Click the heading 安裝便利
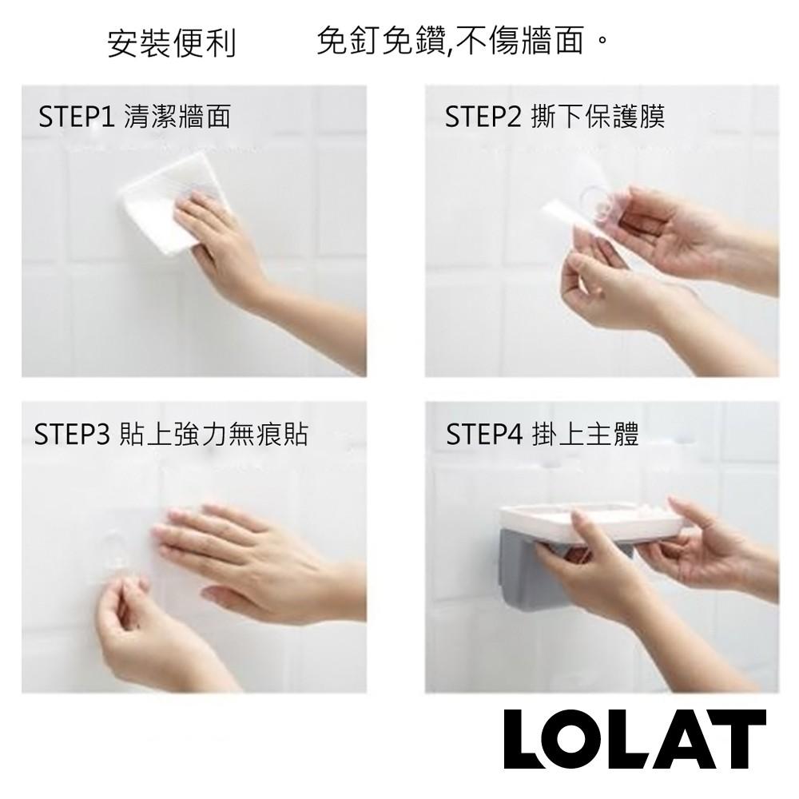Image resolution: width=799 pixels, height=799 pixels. point(172,44)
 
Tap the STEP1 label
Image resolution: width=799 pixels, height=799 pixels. point(78,117)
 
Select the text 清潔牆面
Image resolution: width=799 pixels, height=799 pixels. point(177,117)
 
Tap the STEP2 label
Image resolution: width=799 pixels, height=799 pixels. point(483,117)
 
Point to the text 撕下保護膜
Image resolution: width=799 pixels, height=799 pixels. point(597,117)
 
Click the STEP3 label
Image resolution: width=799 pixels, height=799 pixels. point(72,435)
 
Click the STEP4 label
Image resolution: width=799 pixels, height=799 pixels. point(483,435)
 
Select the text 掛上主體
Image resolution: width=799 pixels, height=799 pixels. point(585,435)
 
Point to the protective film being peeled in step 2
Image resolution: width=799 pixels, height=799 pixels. point(571,216)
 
